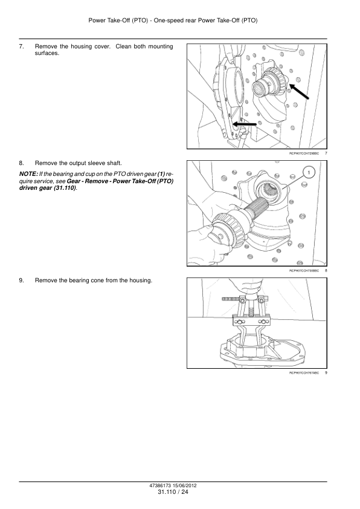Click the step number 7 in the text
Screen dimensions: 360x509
coord(21,47)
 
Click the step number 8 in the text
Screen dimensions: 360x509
coord(21,163)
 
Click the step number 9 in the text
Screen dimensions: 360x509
coord(21,280)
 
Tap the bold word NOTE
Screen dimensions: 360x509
coord(28,174)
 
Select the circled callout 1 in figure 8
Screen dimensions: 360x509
coord(309,172)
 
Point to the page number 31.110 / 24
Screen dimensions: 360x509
coord(173,492)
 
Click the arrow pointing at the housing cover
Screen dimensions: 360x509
coord(245,124)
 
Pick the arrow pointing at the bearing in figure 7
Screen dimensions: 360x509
coord(299,91)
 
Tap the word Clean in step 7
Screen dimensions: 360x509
coord(123,47)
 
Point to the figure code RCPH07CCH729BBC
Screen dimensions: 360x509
coord(304,153)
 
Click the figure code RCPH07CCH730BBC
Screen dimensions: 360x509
coord(304,270)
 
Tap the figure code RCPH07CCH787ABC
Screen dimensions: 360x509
coord(304,372)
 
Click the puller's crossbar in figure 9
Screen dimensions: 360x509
coord(251,322)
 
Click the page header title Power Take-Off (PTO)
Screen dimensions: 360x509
coord(118,21)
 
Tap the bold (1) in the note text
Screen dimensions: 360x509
coord(161,174)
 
